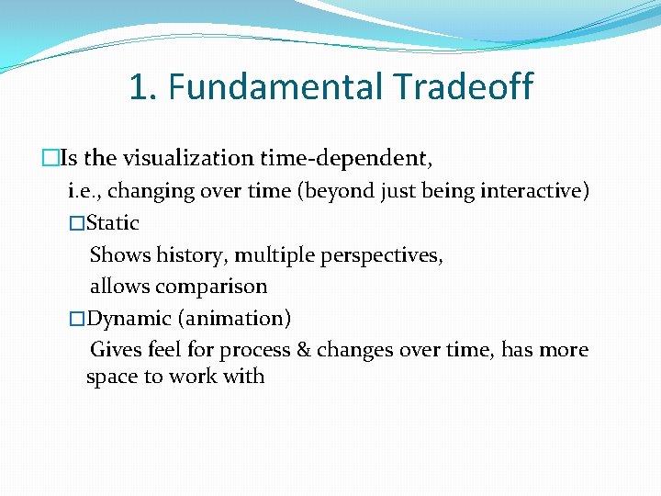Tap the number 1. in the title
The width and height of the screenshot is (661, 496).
tap(144, 87)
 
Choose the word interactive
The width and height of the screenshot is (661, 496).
tap(532, 191)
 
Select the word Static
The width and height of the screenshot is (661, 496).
tap(112, 222)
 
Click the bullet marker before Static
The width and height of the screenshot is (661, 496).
tap(76, 223)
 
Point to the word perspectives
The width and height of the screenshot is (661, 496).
tap(382, 254)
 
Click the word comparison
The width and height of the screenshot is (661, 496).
tap(214, 287)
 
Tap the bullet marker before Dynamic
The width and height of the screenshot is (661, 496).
tap(76, 320)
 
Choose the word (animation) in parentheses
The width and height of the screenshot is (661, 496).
tap(234, 319)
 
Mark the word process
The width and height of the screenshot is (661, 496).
tap(254, 350)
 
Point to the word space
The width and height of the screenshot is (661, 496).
tap(112, 377)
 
